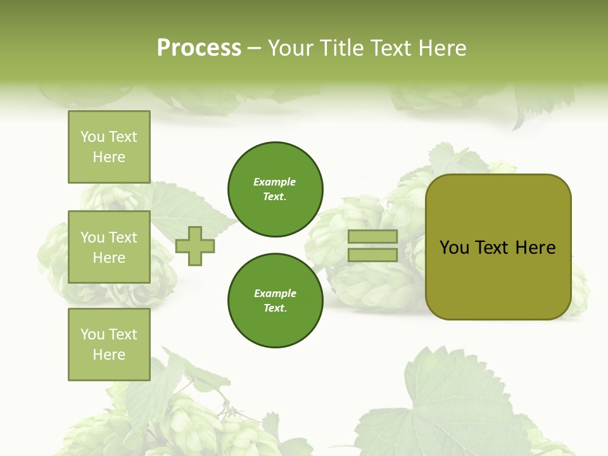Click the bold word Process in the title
199,48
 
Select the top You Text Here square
109,147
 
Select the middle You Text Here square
109,247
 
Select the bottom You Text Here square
109,344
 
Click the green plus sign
195,246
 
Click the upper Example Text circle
275,189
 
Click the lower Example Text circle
275,300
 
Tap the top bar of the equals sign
373,237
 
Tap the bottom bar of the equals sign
373,255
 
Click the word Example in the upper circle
274,182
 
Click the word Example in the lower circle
275,293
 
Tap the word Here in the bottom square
109,355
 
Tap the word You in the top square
92,137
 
